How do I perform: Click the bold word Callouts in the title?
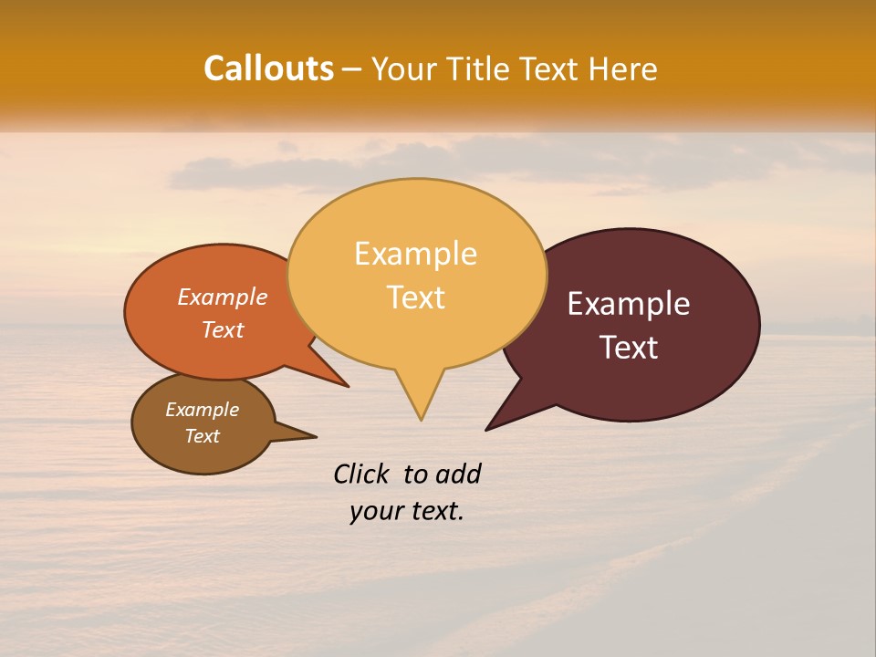pyautogui.click(x=268, y=68)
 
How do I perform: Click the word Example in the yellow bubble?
pyautogui.click(x=415, y=254)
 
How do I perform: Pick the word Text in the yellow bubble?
pyautogui.click(x=416, y=297)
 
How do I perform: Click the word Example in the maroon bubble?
pyautogui.click(x=629, y=304)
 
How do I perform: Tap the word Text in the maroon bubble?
pyautogui.click(x=630, y=348)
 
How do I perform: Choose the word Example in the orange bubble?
pyautogui.click(x=223, y=297)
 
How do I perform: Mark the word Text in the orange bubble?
pyautogui.click(x=223, y=329)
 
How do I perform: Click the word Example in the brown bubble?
pyautogui.click(x=203, y=410)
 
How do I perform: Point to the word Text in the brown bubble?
pyautogui.click(x=203, y=436)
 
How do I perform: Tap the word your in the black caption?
pyautogui.click(x=375, y=511)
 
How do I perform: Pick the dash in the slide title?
pyautogui.click(x=352, y=69)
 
